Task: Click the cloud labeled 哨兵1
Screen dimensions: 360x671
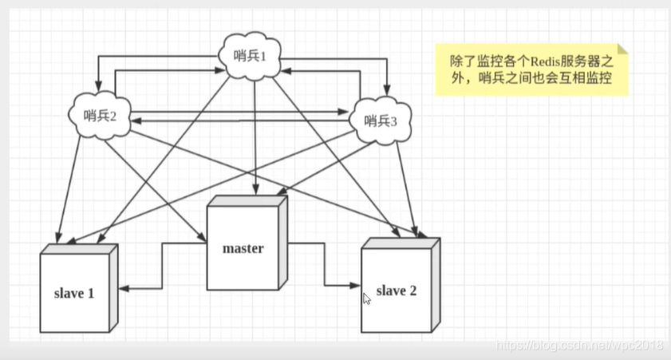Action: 254,58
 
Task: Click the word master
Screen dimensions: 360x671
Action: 243,248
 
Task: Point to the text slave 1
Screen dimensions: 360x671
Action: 75,293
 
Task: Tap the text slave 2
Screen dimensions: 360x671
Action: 396,291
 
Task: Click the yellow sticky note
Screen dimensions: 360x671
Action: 531,70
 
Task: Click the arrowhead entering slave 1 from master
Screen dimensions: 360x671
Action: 125,289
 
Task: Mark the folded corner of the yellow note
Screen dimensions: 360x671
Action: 622,49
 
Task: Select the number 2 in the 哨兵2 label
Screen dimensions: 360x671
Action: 113,117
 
